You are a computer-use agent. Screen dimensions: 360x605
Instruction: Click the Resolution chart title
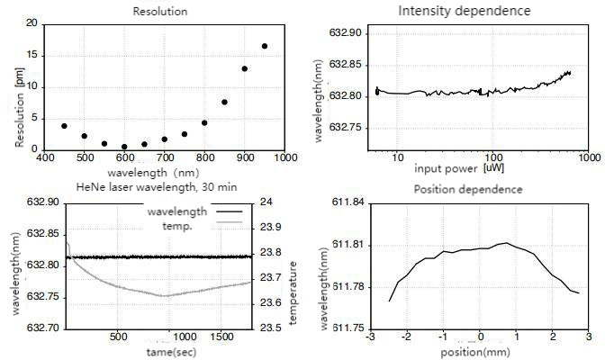pyautogui.click(x=159, y=12)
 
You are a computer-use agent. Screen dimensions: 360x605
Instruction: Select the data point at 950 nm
pyautogui.click(x=265, y=46)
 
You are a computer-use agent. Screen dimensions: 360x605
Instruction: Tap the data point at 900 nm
pyautogui.click(x=245, y=68)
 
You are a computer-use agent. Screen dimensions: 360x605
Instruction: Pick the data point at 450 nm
pyautogui.click(x=64, y=126)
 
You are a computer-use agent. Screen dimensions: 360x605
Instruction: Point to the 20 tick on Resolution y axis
pyautogui.click(x=32, y=23)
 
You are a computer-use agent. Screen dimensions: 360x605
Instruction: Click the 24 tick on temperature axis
pyautogui.click(x=266, y=202)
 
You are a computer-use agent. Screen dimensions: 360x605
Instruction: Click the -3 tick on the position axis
pyautogui.click(x=369, y=337)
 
